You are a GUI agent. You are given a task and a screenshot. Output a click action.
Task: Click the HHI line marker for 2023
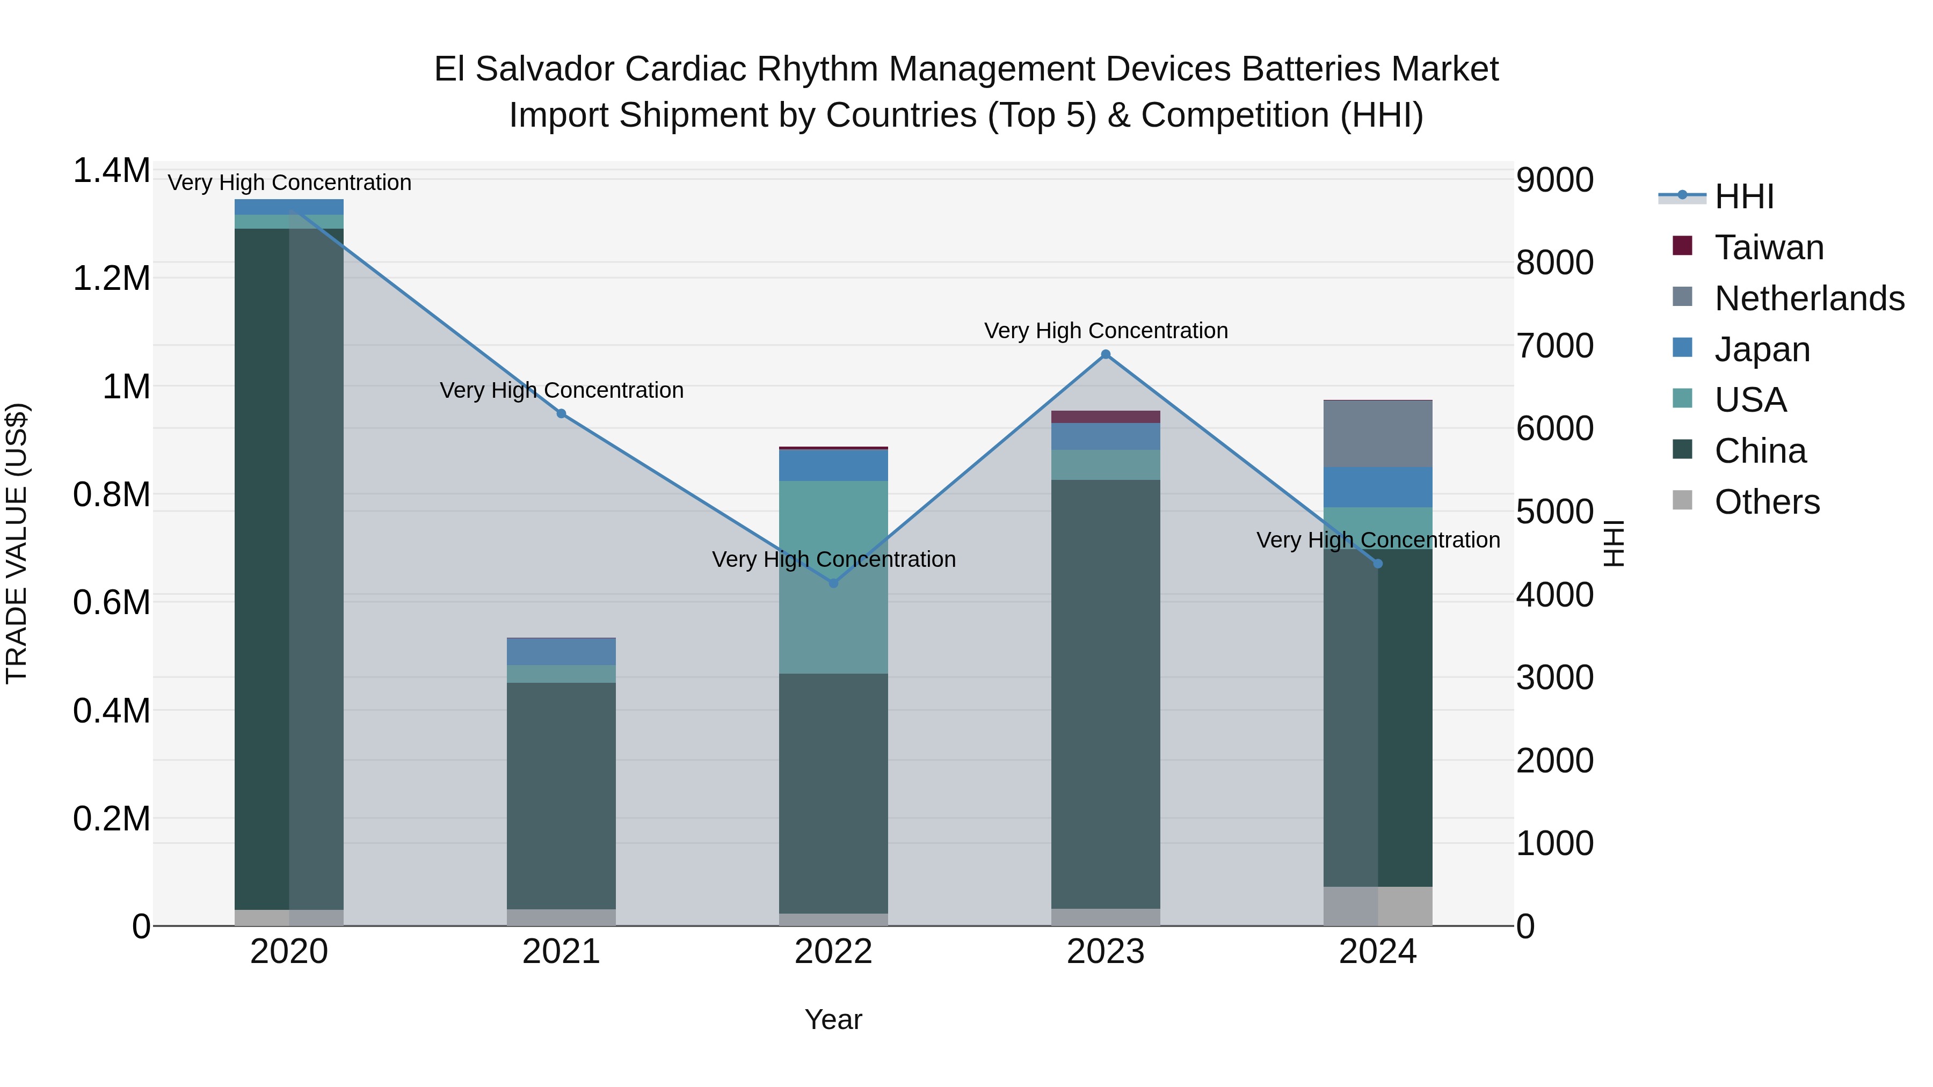(1106, 355)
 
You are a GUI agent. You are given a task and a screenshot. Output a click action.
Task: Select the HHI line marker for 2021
(561, 414)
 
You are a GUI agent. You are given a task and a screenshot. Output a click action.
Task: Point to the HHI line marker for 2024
(1378, 564)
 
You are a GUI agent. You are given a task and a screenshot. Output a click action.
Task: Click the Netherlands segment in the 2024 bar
(1378, 434)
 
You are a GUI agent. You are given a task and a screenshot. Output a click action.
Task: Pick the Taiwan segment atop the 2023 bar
(1106, 417)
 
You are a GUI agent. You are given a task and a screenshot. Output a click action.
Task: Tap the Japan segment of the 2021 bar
(561, 651)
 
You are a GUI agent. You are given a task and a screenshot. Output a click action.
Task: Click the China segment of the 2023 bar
(1106, 694)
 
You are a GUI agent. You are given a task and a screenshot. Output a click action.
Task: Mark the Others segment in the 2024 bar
(1378, 906)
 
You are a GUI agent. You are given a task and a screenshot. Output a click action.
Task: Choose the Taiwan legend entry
(1769, 247)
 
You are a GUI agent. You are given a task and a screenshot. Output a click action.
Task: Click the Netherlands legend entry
(1808, 298)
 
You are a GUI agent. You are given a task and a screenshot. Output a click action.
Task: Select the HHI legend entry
(1743, 196)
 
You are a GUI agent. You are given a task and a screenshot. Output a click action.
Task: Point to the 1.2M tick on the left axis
(111, 278)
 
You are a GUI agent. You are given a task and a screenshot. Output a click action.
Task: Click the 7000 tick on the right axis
(1554, 346)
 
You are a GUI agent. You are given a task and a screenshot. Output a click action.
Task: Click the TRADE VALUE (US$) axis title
(17, 543)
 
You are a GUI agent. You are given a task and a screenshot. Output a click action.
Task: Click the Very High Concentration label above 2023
(1106, 331)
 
